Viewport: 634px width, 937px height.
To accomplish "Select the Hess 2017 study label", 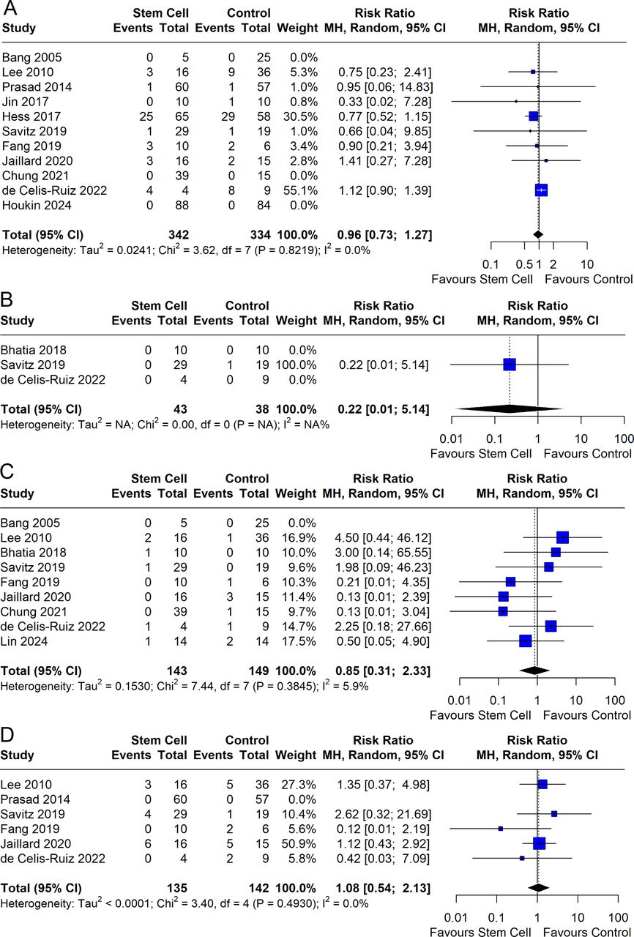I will click(26, 116).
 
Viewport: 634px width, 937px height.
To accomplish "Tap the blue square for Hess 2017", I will click(533, 116).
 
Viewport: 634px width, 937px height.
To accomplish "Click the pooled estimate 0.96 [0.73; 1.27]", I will click(384, 235).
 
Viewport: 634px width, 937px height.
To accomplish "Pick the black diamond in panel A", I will click(538, 234).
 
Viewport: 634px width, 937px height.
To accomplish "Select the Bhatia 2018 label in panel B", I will click(31, 350).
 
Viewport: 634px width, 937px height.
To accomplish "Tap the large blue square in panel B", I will click(510, 365).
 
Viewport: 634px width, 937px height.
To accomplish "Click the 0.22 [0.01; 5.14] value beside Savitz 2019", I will click(384, 365).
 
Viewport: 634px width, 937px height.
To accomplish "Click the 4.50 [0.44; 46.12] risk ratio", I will click(384, 538).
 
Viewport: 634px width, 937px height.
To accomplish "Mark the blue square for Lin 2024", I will click(525, 641).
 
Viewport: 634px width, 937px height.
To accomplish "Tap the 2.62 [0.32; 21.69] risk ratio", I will click(384, 813).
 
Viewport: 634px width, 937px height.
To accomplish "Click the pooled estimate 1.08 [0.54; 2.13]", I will click(384, 887).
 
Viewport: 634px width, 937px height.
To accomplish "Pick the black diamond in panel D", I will click(539, 887).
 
